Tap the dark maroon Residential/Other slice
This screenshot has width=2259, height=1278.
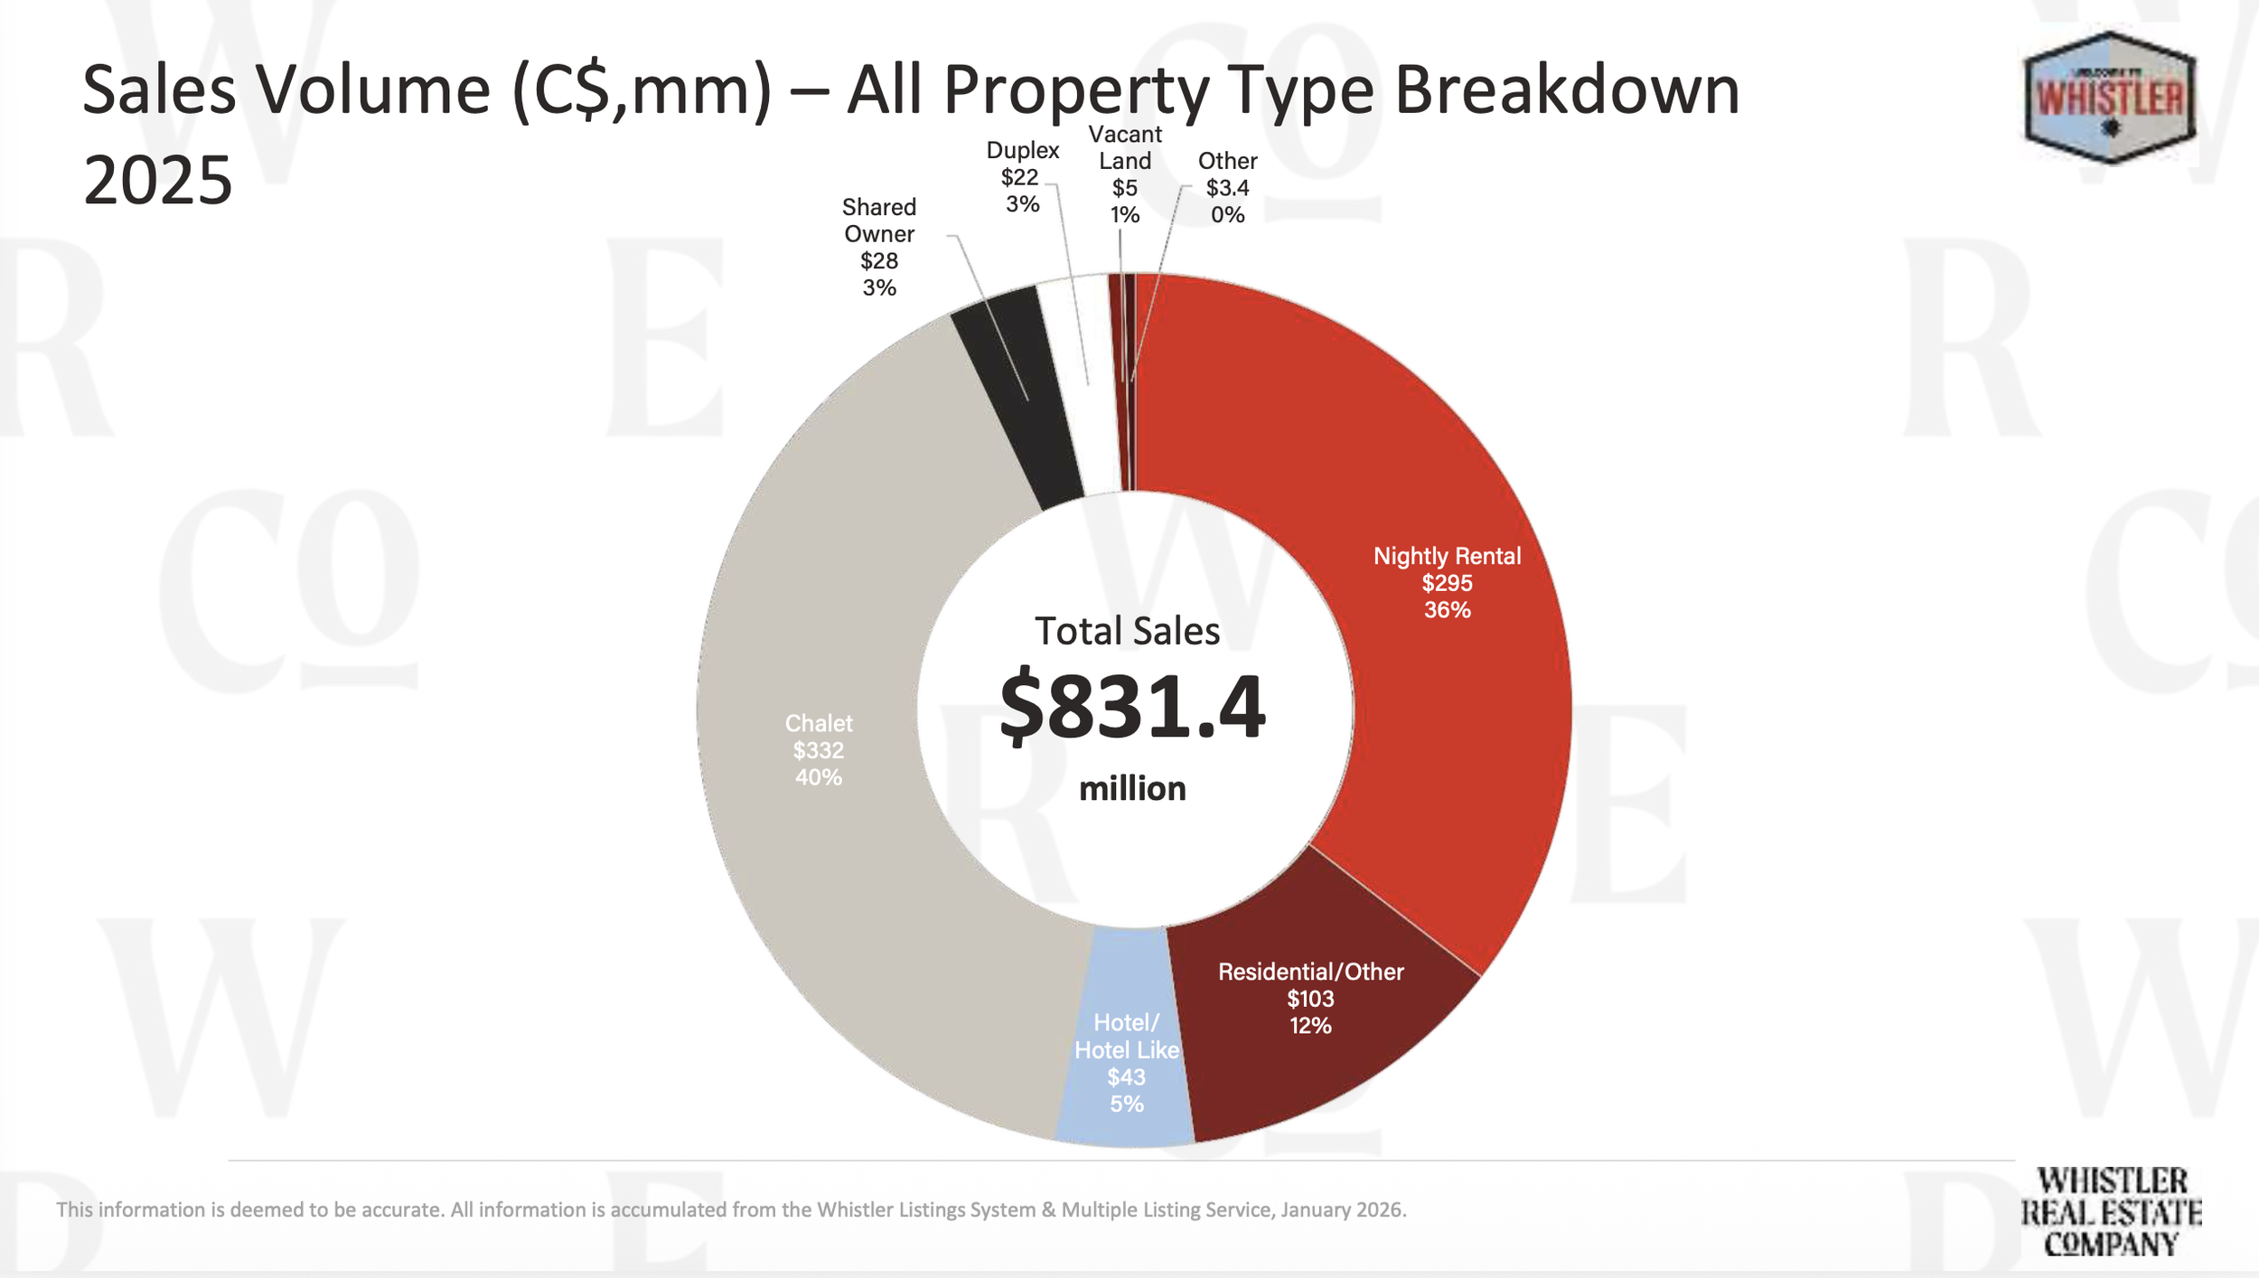(x=1301, y=1057)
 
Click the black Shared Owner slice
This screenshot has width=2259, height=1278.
(x=1017, y=398)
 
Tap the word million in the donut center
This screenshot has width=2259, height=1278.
(x=1132, y=789)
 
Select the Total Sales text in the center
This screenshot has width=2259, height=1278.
(x=1127, y=631)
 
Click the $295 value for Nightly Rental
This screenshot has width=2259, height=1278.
(x=1447, y=583)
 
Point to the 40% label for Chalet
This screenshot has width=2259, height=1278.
(x=819, y=777)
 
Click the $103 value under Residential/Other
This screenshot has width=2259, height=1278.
(x=1310, y=999)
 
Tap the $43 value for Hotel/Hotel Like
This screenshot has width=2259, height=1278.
(x=1126, y=1077)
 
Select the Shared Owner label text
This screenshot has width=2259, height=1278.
(x=879, y=221)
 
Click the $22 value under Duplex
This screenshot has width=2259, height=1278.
(x=1019, y=177)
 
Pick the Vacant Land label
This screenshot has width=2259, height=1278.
(x=1125, y=147)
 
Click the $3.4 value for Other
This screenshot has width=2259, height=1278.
(x=1227, y=188)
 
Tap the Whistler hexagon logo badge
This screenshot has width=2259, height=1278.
(x=2110, y=98)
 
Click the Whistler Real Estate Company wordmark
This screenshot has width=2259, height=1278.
(x=2111, y=1212)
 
